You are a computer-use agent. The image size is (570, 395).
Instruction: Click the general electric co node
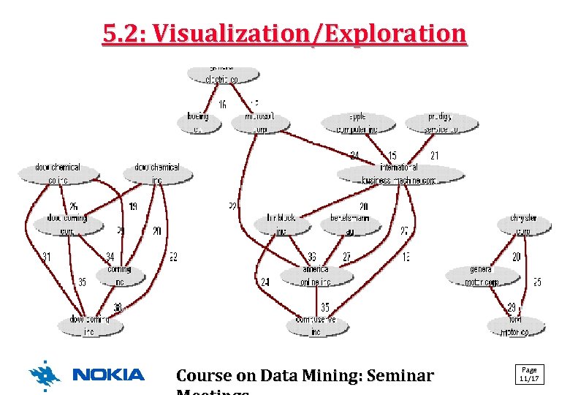point(224,75)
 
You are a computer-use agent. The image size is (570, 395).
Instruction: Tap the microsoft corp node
point(261,123)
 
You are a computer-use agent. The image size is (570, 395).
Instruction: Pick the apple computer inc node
point(357,123)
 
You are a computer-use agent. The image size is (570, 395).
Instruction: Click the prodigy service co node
point(441,123)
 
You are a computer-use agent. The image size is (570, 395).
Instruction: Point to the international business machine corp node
point(399,174)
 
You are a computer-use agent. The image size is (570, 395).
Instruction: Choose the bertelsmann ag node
point(350,225)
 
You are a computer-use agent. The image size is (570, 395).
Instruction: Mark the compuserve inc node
point(316,326)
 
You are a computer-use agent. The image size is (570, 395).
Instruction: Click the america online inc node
point(316,276)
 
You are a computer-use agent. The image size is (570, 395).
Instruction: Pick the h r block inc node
point(281,225)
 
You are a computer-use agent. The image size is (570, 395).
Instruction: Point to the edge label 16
point(222,105)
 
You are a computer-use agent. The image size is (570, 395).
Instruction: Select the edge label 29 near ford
point(512,306)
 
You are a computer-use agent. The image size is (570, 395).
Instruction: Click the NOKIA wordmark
point(109,375)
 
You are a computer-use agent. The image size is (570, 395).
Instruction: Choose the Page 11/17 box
point(529,374)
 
